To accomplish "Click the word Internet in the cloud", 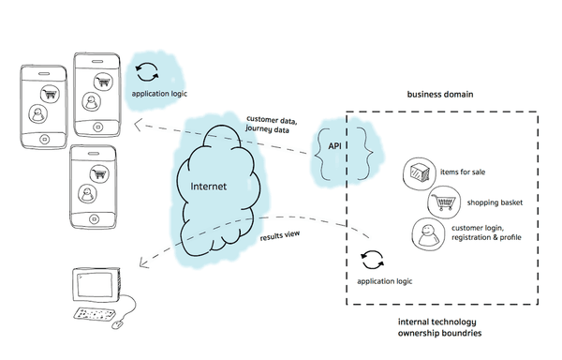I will [x=209, y=186].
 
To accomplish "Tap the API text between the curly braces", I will [x=334, y=148].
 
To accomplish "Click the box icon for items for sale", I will [x=418, y=172].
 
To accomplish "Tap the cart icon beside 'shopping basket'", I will [x=442, y=202].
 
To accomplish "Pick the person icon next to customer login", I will [x=426, y=233].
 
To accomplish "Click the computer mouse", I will [x=117, y=325].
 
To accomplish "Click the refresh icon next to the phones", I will [x=148, y=71].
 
